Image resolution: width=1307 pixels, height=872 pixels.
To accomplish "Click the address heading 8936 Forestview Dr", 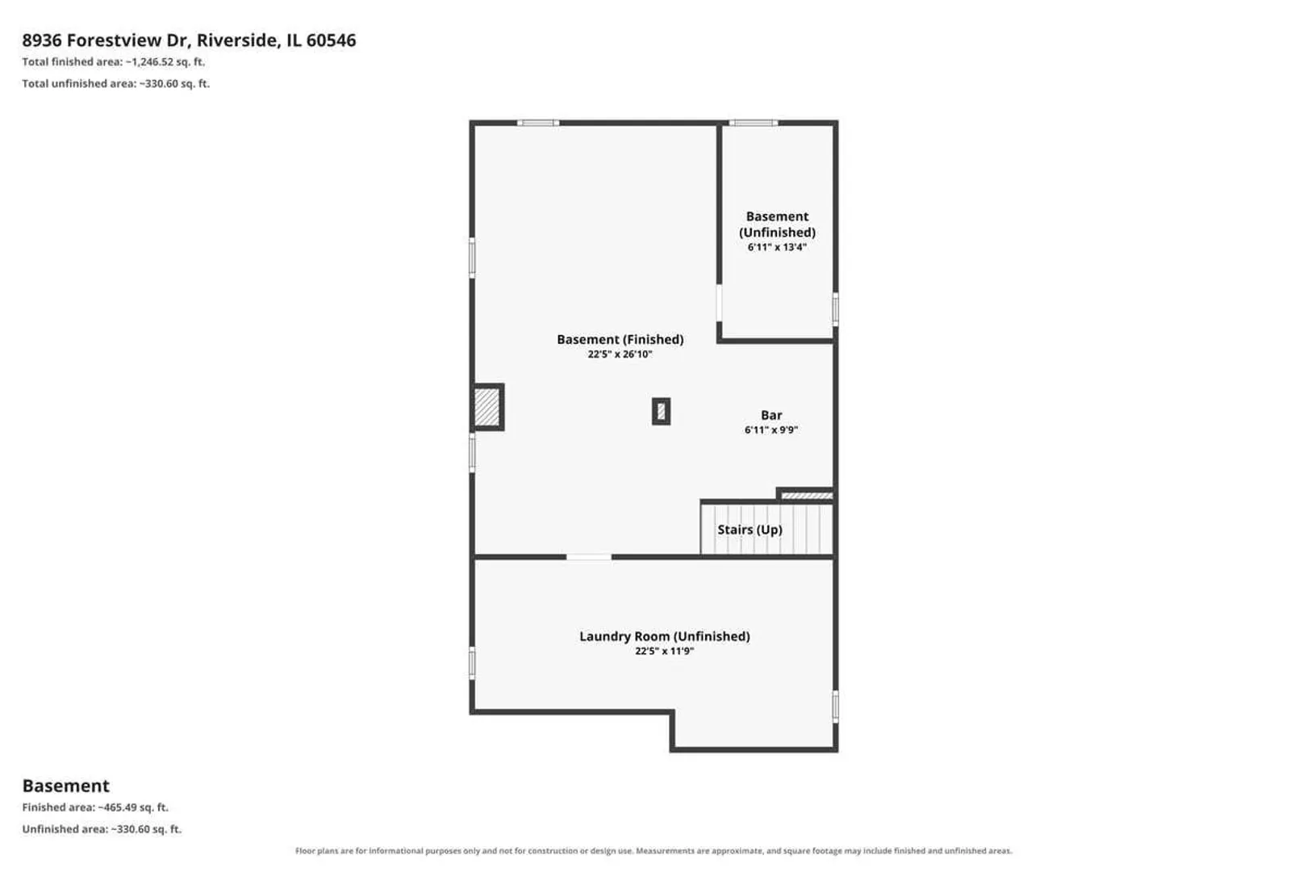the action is pyautogui.click(x=189, y=40).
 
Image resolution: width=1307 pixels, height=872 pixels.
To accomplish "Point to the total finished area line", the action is pyautogui.click(x=114, y=62).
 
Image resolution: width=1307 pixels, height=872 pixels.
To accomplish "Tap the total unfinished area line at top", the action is pyautogui.click(x=116, y=83).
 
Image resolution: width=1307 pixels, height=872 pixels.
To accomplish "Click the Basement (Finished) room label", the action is pyautogui.click(x=620, y=339).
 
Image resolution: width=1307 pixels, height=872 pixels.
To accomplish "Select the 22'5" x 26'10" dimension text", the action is pyautogui.click(x=620, y=354).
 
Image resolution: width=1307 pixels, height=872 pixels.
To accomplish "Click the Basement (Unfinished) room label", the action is pyautogui.click(x=777, y=224).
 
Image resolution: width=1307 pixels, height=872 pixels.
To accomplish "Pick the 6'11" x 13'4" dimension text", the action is pyautogui.click(x=777, y=247).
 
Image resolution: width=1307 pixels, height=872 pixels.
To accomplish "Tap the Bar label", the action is pyautogui.click(x=771, y=415).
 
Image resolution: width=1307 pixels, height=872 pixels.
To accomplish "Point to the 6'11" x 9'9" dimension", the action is pyautogui.click(x=771, y=430).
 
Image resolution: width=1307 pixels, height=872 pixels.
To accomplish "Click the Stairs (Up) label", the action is pyautogui.click(x=750, y=530).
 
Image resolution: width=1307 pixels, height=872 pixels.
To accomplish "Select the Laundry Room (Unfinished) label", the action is pyautogui.click(x=665, y=636).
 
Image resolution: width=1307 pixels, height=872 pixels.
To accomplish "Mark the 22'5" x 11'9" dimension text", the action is pyautogui.click(x=665, y=651).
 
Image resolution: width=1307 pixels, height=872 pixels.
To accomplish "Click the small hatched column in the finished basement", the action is pyautogui.click(x=661, y=412).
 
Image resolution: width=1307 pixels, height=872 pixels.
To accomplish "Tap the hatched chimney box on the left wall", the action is pyautogui.click(x=487, y=407).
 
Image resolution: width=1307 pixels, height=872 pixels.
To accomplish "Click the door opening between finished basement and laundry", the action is pyautogui.click(x=589, y=557).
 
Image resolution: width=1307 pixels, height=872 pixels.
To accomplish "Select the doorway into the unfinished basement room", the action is pyautogui.click(x=719, y=303).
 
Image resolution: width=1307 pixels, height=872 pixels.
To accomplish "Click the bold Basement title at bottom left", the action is pyautogui.click(x=66, y=786).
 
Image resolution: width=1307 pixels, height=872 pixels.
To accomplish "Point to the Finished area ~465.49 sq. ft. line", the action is pyautogui.click(x=95, y=807).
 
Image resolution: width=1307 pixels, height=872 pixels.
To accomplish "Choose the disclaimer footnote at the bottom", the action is pyautogui.click(x=653, y=851).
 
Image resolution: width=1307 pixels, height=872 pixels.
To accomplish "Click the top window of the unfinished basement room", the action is pyautogui.click(x=754, y=123).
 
